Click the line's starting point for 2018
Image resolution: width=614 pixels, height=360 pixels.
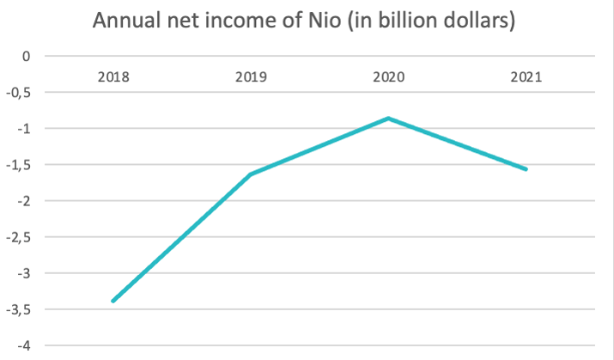(113, 301)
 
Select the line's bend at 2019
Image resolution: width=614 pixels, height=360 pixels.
(251, 174)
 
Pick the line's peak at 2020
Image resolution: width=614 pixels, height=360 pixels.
(388, 119)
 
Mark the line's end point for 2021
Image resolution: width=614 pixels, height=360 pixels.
(526, 169)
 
